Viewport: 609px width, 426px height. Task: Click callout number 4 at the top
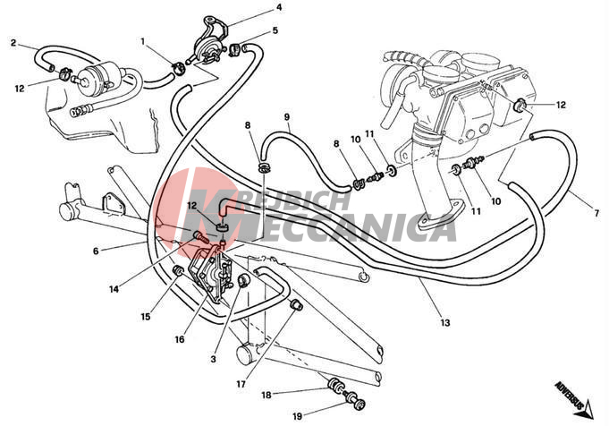pos(279,8)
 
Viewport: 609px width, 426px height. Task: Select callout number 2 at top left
pos(13,42)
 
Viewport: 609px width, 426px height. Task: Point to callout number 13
pos(444,322)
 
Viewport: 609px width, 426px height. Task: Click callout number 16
pos(179,340)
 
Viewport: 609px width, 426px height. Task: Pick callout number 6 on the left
pos(96,251)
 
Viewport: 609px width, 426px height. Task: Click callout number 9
pos(288,117)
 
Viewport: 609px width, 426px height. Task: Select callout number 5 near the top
pos(275,30)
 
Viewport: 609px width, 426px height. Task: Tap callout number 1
pos(143,41)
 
